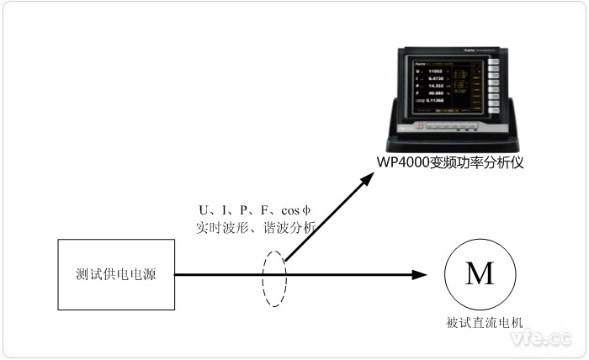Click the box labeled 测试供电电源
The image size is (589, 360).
(116, 274)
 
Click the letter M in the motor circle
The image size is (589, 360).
(480, 273)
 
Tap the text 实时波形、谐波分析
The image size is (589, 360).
(255, 226)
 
